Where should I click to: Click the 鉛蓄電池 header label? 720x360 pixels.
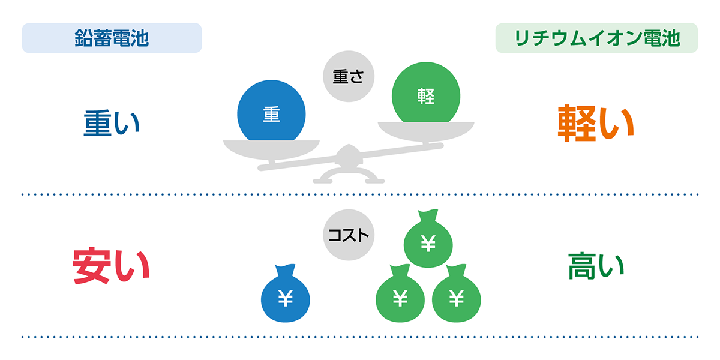coord(112,38)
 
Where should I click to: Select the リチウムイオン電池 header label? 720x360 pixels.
coord(597,38)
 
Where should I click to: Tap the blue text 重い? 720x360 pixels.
coord(112,123)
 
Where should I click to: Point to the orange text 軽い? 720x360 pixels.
coord(596,123)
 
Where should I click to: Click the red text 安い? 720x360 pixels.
coord(111,265)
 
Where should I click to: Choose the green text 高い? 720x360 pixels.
coord(596,266)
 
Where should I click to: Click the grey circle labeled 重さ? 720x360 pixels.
coord(349,76)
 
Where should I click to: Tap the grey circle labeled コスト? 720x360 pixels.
coord(349,235)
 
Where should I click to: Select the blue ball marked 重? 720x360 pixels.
coord(271,113)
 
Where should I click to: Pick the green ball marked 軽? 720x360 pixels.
coord(426,94)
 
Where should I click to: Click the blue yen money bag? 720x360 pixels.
coord(286,293)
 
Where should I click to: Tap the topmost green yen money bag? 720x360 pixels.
coord(428,239)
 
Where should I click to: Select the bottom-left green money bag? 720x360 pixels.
coord(400,293)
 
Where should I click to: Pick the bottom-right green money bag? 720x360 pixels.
coord(457,293)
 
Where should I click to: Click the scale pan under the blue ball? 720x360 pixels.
coord(271,149)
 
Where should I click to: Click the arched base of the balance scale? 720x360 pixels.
coord(349,176)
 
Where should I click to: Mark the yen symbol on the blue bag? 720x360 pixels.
coord(286,298)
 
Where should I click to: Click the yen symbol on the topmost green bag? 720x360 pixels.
coord(428,243)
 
